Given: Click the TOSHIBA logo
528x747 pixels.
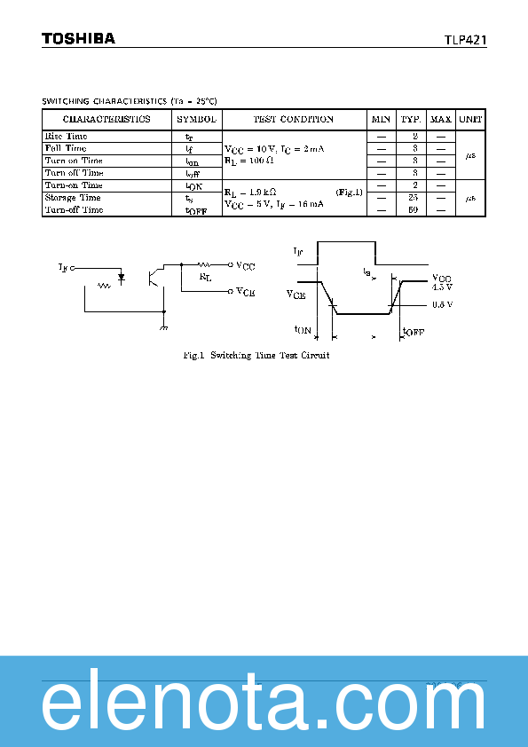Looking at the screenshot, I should (78, 39).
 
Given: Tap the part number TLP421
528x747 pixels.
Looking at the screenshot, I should (465, 40).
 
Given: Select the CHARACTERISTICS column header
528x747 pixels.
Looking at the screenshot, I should (106, 119).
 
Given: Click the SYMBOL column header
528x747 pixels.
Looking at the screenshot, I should (195, 119).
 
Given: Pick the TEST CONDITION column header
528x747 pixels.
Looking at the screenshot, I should (294, 119).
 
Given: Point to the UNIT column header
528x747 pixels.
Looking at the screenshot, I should (470, 119).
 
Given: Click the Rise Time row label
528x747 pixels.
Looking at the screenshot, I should (66, 137).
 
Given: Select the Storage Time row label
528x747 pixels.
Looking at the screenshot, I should (73, 198).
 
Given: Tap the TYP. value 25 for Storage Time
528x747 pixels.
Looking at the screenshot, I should (413, 198).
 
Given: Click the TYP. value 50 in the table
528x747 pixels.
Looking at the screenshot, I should (413, 210).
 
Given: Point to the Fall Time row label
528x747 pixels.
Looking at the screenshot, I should (66, 149).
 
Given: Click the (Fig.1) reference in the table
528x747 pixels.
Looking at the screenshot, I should (349, 192).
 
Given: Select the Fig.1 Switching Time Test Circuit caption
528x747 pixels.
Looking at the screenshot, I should (256, 355).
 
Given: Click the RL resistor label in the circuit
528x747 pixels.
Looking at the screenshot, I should (206, 277).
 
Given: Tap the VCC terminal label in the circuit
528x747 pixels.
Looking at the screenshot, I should (246, 264).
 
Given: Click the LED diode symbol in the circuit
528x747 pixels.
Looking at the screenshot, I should (121, 277).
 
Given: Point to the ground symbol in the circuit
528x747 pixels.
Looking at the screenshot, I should (163, 327).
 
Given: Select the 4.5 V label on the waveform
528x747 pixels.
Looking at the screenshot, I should (442, 287).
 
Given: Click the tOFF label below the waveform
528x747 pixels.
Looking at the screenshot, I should (413, 331).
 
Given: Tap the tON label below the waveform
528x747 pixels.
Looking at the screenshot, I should (303, 330).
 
